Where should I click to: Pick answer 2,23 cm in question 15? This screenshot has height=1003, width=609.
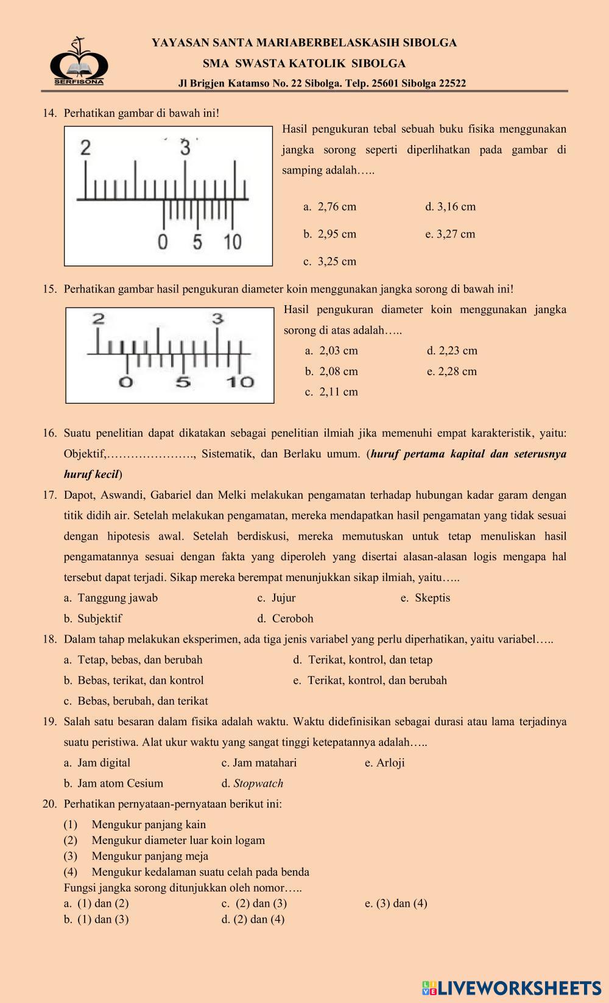[x=452, y=351]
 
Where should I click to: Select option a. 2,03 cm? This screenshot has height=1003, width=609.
[x=331, y=351]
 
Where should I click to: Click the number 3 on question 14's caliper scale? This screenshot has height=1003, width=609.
[x=185, y=147]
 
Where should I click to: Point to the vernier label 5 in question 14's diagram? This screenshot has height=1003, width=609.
[x=197, y=242]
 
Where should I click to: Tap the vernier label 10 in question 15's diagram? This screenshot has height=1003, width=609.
[x=240, y=382]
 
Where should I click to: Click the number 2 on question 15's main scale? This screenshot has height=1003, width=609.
[x=98, y=318]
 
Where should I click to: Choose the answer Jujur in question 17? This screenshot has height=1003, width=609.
[x=277, y=598]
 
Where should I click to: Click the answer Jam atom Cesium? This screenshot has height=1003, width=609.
[x=114, y=783]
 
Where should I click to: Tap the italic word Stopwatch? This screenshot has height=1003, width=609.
[x=258, y=783]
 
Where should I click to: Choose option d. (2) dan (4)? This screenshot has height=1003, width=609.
[x=253, y=920]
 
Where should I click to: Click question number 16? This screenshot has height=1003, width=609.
[x=49, y=434]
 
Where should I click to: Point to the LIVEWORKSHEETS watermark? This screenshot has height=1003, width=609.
[x=511, y=987]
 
